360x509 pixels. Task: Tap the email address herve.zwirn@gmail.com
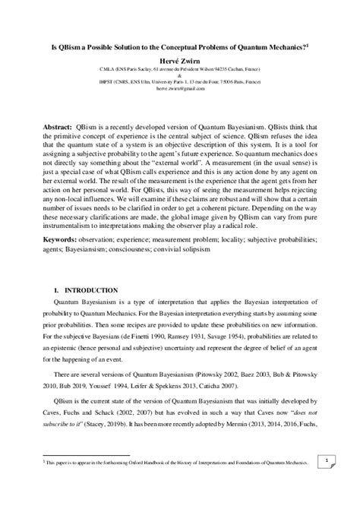click(x=180, y=88)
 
